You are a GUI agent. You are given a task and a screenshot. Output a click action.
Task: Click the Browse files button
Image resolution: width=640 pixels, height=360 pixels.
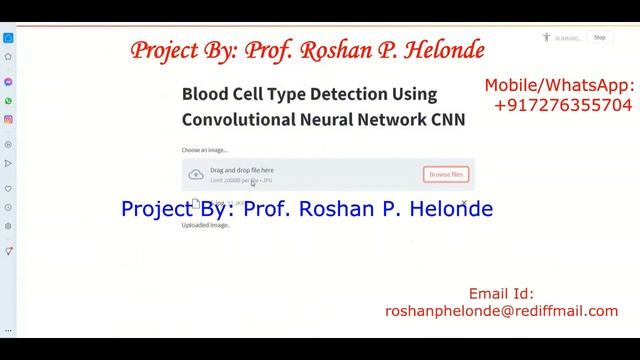(446, 174)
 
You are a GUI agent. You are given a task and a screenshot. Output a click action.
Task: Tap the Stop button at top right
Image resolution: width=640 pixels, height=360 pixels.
(599, 38)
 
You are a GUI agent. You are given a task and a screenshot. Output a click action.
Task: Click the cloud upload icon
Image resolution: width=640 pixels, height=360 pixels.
(196, 175)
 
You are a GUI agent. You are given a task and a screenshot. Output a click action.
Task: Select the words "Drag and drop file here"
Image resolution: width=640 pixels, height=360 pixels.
(241, 170)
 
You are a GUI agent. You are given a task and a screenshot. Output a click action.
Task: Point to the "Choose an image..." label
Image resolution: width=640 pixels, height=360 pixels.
(205, 150)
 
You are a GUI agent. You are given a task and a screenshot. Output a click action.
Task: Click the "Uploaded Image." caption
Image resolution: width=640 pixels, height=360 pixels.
(205, 225)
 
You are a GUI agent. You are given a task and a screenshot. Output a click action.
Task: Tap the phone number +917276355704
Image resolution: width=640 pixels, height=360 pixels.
(563, 104)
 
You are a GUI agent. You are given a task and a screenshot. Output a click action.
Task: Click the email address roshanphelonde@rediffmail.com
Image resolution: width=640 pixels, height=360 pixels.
(501, 311)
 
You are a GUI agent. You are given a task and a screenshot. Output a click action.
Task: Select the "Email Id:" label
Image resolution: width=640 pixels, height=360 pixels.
(501, 294)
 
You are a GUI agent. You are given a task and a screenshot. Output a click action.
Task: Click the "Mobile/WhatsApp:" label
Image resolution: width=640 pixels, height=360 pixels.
(559, 86)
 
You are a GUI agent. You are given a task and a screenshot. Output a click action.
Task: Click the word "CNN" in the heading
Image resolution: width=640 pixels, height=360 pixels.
(448, 119)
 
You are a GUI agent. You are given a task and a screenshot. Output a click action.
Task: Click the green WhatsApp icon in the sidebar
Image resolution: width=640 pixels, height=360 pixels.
(8, 101)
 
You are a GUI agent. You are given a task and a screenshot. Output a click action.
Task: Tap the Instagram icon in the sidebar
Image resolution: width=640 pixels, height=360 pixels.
(8, 120)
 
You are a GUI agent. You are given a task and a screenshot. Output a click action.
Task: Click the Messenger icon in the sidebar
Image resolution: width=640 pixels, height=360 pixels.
(8, 82)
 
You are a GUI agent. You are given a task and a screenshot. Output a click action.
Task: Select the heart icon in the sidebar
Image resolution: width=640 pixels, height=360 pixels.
(8, 188)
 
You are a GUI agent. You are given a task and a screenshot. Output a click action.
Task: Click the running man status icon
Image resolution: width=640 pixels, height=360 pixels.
(546, 38)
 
